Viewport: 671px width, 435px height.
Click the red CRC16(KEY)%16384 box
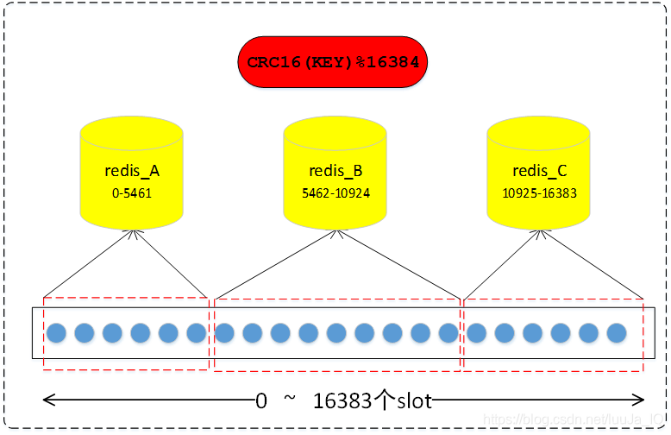point(333,62)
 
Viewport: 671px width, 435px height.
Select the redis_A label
point(131,170)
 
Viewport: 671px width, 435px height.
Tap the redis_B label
point(335,170)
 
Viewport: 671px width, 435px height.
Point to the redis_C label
point(538,170)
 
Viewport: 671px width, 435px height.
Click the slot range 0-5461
point(131,193)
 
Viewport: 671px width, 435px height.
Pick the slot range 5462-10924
point(335,193)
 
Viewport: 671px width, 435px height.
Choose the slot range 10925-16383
point(538,193)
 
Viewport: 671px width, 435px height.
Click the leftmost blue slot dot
point(57,333)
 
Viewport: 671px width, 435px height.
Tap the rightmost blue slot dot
point(616,333)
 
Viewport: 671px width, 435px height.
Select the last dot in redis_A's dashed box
point(197,333)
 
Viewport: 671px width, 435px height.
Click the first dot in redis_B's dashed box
point(224,333)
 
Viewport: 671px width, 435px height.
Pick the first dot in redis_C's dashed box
point(477,333)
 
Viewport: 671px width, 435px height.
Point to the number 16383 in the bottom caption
point(342,400)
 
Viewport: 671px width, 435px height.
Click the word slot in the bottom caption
point(414,400)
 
